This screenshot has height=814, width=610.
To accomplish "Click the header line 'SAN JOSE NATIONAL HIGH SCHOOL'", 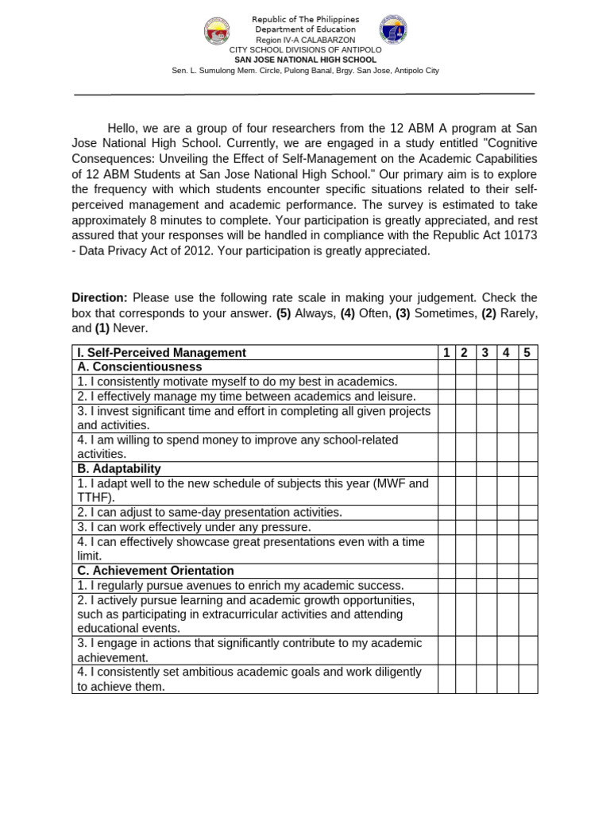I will (x=305, y=60).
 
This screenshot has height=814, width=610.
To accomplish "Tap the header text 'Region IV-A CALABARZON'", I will (x=305, y=40).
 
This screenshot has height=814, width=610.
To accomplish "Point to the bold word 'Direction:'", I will (x=99, y=297).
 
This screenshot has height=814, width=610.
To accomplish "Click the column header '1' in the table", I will (x=446, y=352).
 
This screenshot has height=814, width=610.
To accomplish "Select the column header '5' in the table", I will (x=527, y=352).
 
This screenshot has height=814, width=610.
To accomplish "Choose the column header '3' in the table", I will (x=486, y=352).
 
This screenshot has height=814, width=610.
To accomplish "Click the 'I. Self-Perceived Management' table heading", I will (x=161, y=352).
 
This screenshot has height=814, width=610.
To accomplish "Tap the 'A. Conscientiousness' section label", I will (x=139, y=367).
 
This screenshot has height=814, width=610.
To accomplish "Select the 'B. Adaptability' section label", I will (x=119, y=469).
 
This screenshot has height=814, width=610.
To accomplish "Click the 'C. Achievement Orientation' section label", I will (x=156, y=571).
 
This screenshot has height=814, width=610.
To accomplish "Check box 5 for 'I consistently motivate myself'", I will (x=527, y=382).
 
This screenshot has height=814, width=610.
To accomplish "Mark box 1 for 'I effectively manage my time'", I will (x=446, y=396).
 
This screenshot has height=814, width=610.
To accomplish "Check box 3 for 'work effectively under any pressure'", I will (x=486, y=527).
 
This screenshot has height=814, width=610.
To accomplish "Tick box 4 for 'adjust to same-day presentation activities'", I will (x=507, y=513).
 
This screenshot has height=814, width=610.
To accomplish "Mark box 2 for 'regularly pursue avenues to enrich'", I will (x=465, y=585).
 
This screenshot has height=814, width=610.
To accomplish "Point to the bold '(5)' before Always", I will (x=284, y=313).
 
